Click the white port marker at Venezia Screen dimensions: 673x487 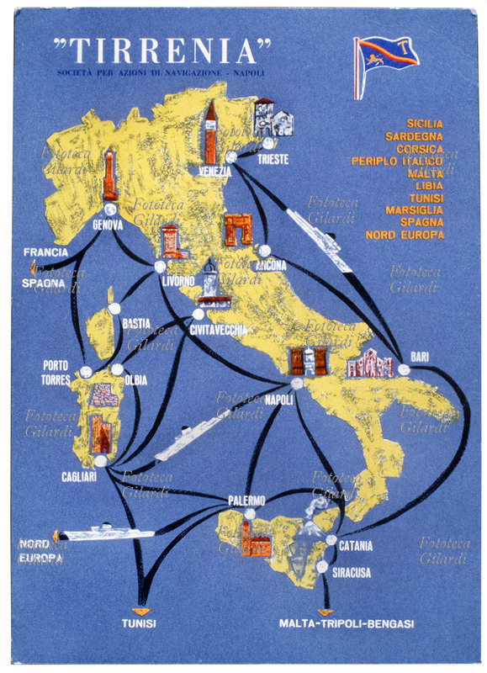(230, 157)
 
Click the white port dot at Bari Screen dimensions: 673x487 (404, 369)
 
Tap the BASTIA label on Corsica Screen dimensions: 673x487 (136, 323)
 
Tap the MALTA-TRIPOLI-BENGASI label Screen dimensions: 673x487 (346, 624)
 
